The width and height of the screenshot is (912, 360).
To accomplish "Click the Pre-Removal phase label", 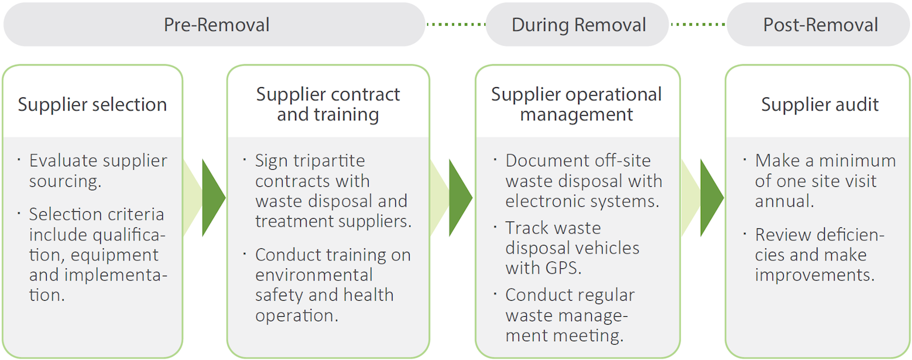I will tap(216, 25).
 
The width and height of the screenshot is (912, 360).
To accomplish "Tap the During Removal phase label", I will tap(578, 25).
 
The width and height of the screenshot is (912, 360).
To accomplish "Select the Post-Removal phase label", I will tap(820, 25).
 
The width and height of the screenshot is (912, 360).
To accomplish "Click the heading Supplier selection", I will tap(92, 105).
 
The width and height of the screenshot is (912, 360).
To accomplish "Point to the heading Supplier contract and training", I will tap(328, 104).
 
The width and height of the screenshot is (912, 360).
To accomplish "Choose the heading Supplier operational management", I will tap(576, 104).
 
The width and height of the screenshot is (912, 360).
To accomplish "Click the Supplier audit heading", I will tap(819, 105).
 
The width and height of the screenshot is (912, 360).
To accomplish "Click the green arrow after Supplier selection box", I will tap(212, 198).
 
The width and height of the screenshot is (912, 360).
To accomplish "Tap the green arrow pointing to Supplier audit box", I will tap(710, 198).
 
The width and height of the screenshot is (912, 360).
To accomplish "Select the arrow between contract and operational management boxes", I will tap(459, 198).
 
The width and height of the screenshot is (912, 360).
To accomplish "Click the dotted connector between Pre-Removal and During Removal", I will tap(456, 24).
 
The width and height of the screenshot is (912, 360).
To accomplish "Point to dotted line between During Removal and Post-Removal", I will tap(698, 24).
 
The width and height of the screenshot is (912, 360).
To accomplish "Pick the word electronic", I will tap(543, 201).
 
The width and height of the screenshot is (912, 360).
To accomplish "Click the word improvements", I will tap(814, 275).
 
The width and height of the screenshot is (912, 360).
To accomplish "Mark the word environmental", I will tap(314, 275).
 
